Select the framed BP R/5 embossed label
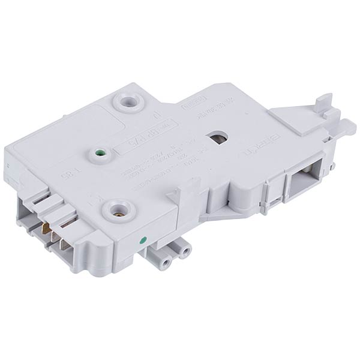[137, 143]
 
